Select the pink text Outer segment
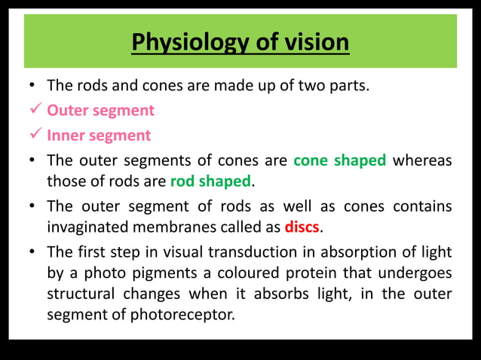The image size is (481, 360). click(x=100, y=111)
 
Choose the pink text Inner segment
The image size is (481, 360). click(x=99, y=136)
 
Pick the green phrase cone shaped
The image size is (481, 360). click(x=339, y=160)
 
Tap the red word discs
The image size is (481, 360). click(x=302, y=227)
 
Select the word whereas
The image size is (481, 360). click(x=422, y=160)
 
